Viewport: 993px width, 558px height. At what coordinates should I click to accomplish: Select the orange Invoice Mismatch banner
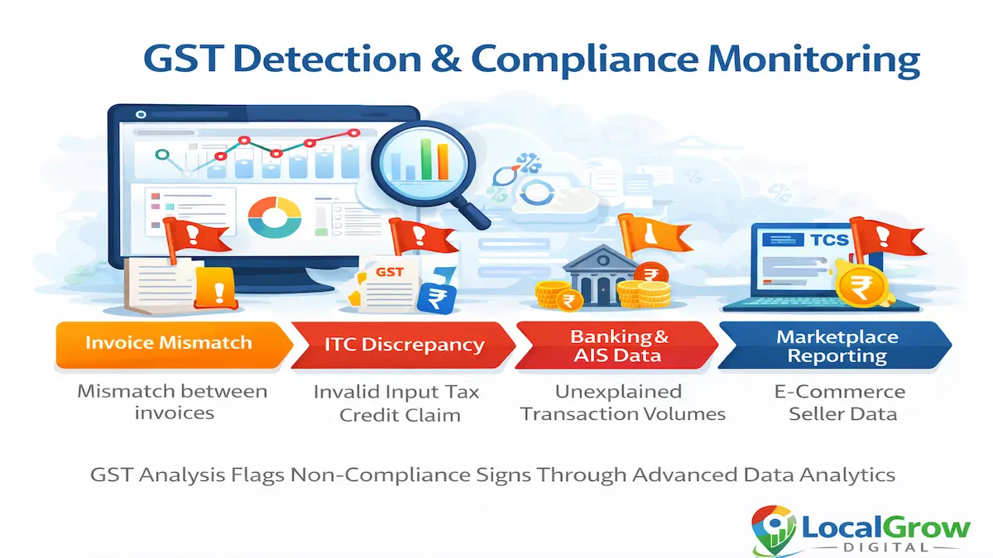coord(169,343)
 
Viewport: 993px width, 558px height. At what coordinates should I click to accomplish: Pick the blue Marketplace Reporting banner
coord(836,346)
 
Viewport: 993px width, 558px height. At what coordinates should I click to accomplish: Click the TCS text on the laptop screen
coord(827,241)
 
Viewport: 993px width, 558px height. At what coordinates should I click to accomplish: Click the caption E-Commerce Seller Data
coord(839,403)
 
